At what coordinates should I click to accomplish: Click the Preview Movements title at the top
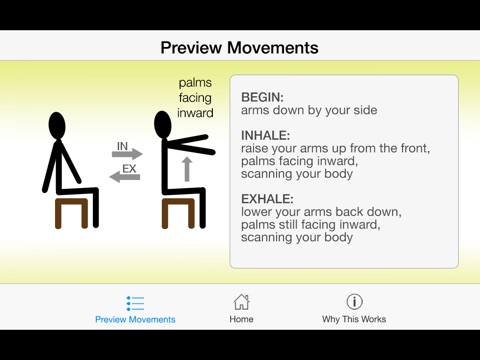tap(239, 48)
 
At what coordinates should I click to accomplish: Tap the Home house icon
tap(241, 302)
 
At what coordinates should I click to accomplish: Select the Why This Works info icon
tap(354, 302)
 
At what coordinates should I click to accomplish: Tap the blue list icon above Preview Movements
tap(135, 303)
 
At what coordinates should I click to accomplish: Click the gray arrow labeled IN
tap(127, 154)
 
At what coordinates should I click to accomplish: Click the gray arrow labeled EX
tap(125, 177)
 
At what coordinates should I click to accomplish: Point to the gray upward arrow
tap(187, 169)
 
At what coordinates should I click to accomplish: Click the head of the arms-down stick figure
tap(57, 125)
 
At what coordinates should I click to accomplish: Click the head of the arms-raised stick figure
tap(163, 124)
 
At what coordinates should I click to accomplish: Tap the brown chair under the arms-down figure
tap(71, 213)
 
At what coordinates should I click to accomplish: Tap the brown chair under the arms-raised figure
tap(178, 213)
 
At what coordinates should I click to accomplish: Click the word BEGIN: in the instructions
tap(262, 97)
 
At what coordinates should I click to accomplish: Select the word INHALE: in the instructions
tap(266, 135)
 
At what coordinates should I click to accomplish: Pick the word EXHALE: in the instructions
tap(267, 199)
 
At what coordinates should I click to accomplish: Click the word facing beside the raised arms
tap(195, 98)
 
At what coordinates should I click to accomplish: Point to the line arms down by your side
tap(309, 110)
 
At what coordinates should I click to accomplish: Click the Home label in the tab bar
tap(241, 319)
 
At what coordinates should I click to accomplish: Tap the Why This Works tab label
tap(354, 319)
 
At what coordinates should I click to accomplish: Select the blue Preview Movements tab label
tap(135, 319)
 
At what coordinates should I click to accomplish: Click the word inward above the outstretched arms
tap(195, 113)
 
